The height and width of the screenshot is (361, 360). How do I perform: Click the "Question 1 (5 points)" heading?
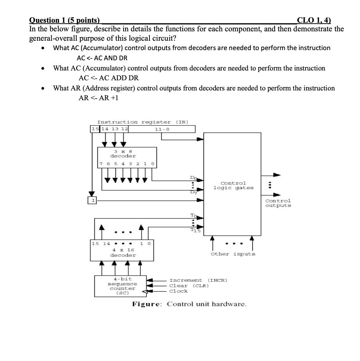coord(65,21)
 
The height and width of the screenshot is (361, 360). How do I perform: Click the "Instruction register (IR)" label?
coord(142,122)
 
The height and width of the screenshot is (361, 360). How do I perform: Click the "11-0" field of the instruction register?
coord(161,129)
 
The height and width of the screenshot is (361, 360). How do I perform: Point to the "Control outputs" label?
coord(278,203)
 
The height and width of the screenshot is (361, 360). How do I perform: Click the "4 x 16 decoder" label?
coord(123,253)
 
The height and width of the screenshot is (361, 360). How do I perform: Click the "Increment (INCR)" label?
coord(198,280)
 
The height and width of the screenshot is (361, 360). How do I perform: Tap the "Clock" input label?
coord(178,291)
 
